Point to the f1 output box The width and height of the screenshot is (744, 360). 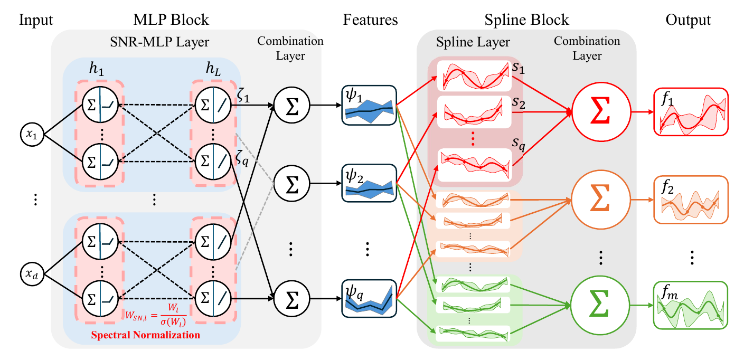click(x=691, y=111)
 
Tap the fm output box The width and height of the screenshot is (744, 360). click(x=691, y=305)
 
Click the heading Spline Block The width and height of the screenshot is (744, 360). click(x=526, y=21)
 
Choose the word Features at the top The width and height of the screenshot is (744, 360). click(x=370, y=21)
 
